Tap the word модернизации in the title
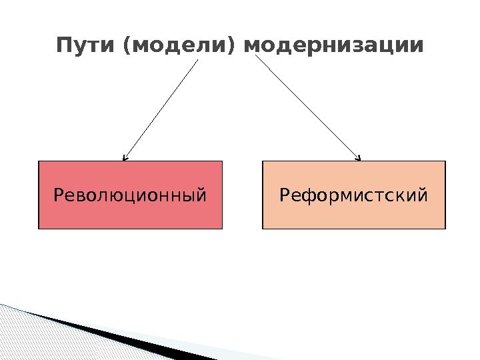[333, 47]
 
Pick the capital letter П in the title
[64, 47]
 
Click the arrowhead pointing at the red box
[125, 159]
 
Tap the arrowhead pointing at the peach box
[359, 159]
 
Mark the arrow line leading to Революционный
[161, 109]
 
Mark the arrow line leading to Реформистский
[307, 107]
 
